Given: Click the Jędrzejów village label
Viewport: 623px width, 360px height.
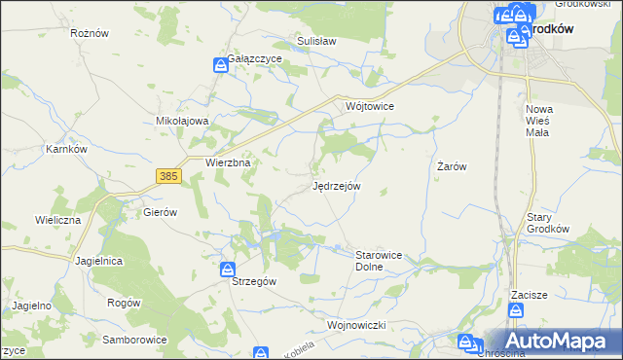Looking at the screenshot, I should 337,185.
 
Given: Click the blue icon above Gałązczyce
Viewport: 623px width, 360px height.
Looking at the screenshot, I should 221,65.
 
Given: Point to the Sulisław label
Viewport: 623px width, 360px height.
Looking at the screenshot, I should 316,43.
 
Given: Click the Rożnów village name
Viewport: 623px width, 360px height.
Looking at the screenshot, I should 89,33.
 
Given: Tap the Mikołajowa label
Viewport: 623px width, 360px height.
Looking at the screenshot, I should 183,122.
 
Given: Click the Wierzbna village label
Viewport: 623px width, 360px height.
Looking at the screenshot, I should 229,163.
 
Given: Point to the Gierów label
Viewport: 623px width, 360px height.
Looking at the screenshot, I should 160,211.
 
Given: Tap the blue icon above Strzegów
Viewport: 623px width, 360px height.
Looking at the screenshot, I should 227,269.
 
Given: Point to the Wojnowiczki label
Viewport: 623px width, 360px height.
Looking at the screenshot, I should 358,324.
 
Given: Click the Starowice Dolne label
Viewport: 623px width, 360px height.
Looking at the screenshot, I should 372,260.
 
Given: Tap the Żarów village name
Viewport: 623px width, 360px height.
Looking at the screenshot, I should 452,166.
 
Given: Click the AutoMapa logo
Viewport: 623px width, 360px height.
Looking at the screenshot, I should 555,341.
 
